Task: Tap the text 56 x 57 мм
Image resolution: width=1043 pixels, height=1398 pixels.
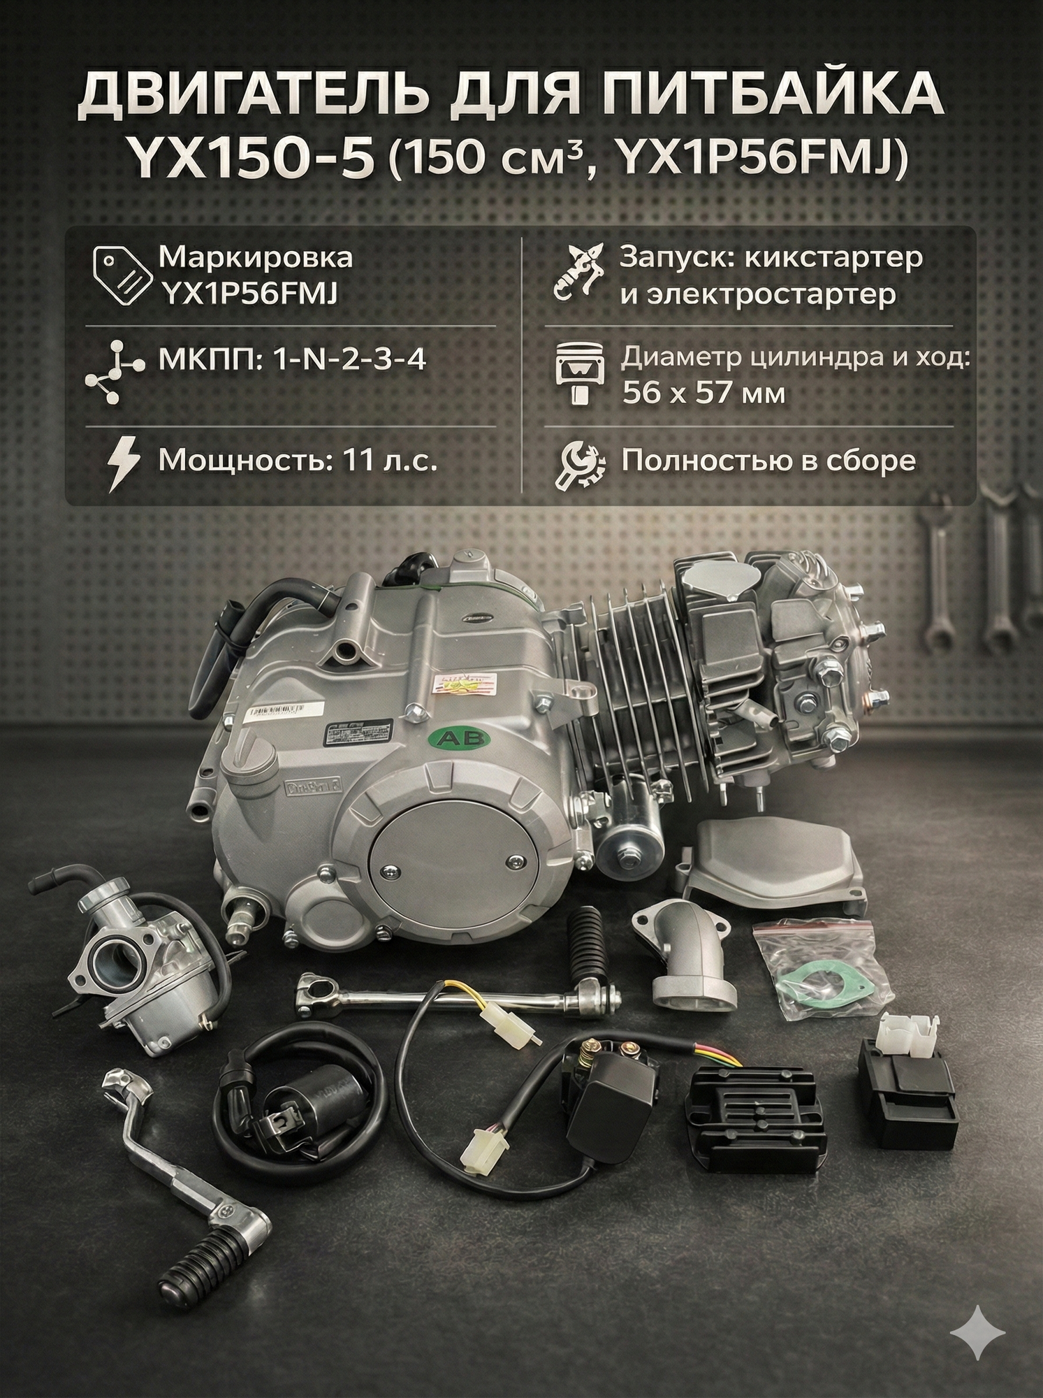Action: click(703, 394)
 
